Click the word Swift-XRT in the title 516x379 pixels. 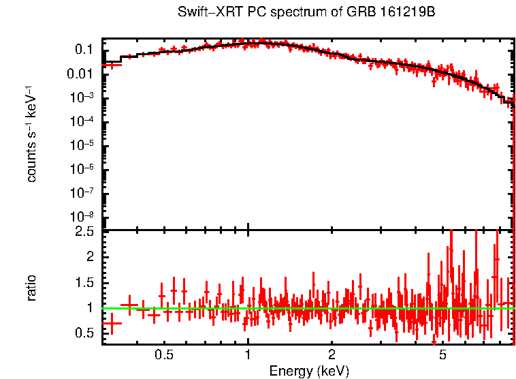205,12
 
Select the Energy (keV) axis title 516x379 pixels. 309,371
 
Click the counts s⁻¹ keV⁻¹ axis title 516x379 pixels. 31,134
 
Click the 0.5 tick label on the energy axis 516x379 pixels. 163,356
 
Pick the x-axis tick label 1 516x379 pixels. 248,356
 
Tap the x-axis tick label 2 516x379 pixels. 332,356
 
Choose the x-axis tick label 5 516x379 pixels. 442,356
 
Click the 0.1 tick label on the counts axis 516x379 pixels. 84,50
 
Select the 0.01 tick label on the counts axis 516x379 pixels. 80,74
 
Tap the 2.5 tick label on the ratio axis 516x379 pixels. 84,232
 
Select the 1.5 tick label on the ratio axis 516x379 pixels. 84,282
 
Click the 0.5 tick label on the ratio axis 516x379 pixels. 84,333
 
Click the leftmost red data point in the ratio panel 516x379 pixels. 112,323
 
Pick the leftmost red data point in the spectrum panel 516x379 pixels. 112,65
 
